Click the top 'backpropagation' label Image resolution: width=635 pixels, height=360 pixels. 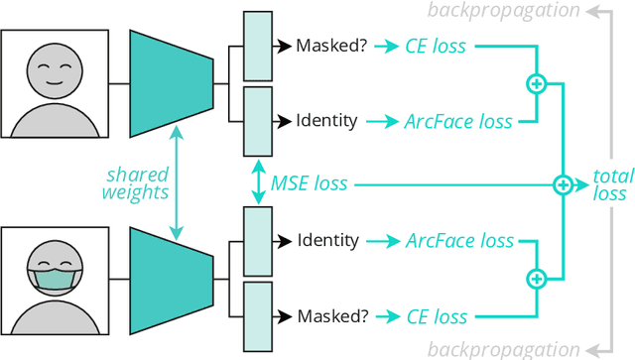[503, 11]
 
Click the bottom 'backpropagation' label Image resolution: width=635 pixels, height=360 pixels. [503, 349]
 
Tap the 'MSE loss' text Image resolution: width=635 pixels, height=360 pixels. [310, 183]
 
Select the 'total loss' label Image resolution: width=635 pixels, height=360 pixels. [612, 184]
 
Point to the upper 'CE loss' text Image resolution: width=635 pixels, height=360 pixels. [437, 46]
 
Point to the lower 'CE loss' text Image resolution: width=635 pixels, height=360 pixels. [437, 317]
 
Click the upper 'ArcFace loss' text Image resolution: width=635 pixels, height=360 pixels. [458, 122]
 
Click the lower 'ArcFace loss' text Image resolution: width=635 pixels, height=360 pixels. [458, 241]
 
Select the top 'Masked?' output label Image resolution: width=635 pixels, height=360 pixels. [331, 46]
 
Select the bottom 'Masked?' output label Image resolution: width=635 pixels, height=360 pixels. [331, 317]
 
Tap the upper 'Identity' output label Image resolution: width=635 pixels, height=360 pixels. [326, 122]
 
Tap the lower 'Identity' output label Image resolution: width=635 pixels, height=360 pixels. [326, 241]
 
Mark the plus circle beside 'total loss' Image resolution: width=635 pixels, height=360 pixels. [563, 183]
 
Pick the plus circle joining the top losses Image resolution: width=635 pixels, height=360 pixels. [537, 84]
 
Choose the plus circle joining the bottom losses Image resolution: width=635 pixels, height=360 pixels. [537, 280]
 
